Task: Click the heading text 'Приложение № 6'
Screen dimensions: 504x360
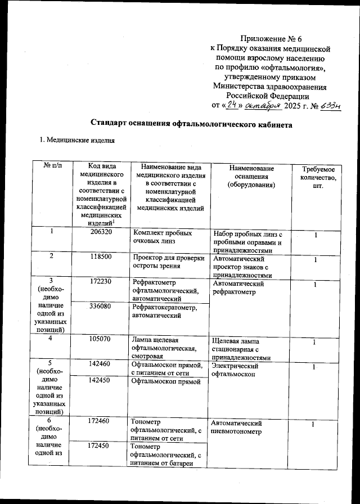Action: coord(271,39)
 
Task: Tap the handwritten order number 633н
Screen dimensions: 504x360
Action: coord(330,105)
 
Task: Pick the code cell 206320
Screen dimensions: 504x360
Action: coord(101,232)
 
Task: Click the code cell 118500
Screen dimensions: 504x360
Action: coord(101,256)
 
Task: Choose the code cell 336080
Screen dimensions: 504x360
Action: coord(101,307)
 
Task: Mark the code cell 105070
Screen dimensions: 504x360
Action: coord(101,339)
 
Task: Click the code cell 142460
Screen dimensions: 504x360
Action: coord(101,364)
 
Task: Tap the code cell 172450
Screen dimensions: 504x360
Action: coord(101,446)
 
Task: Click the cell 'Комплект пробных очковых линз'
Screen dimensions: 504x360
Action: coord(162,236)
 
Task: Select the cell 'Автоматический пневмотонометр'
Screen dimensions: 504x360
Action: coord(235,426)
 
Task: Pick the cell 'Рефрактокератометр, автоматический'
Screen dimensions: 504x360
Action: coord(163,311)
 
